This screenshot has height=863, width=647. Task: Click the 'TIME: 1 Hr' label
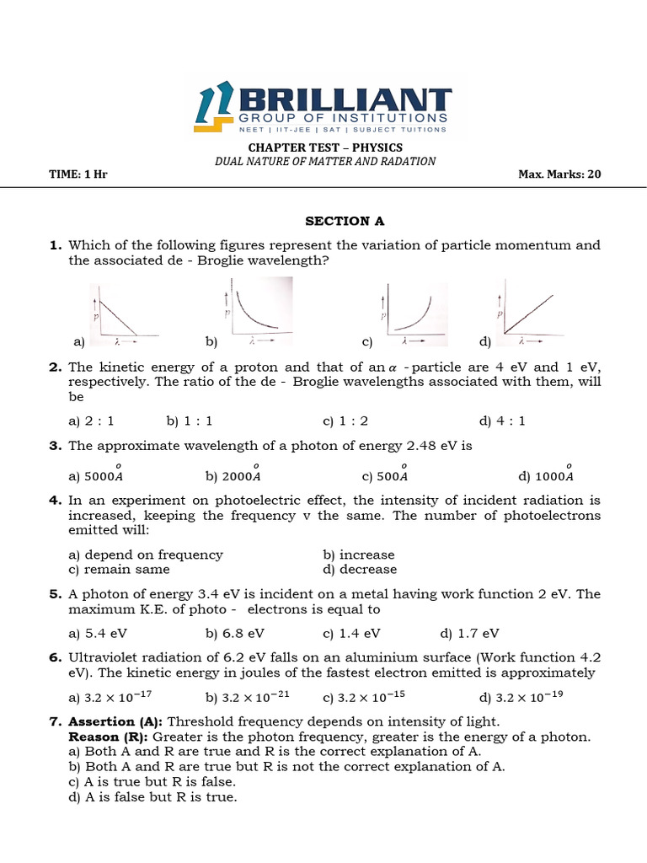click(x=79, y=174)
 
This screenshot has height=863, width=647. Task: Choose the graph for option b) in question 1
click(x=257, y=314)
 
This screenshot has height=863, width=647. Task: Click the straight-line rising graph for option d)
click(x=527, y=315)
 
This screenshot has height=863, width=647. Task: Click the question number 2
click(x=56, y=367)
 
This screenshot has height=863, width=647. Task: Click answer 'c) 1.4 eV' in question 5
click(x=351, y=632)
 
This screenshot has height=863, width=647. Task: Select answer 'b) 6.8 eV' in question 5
click(x=235, y=632)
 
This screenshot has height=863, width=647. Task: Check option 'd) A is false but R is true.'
click(x=152, y=796)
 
